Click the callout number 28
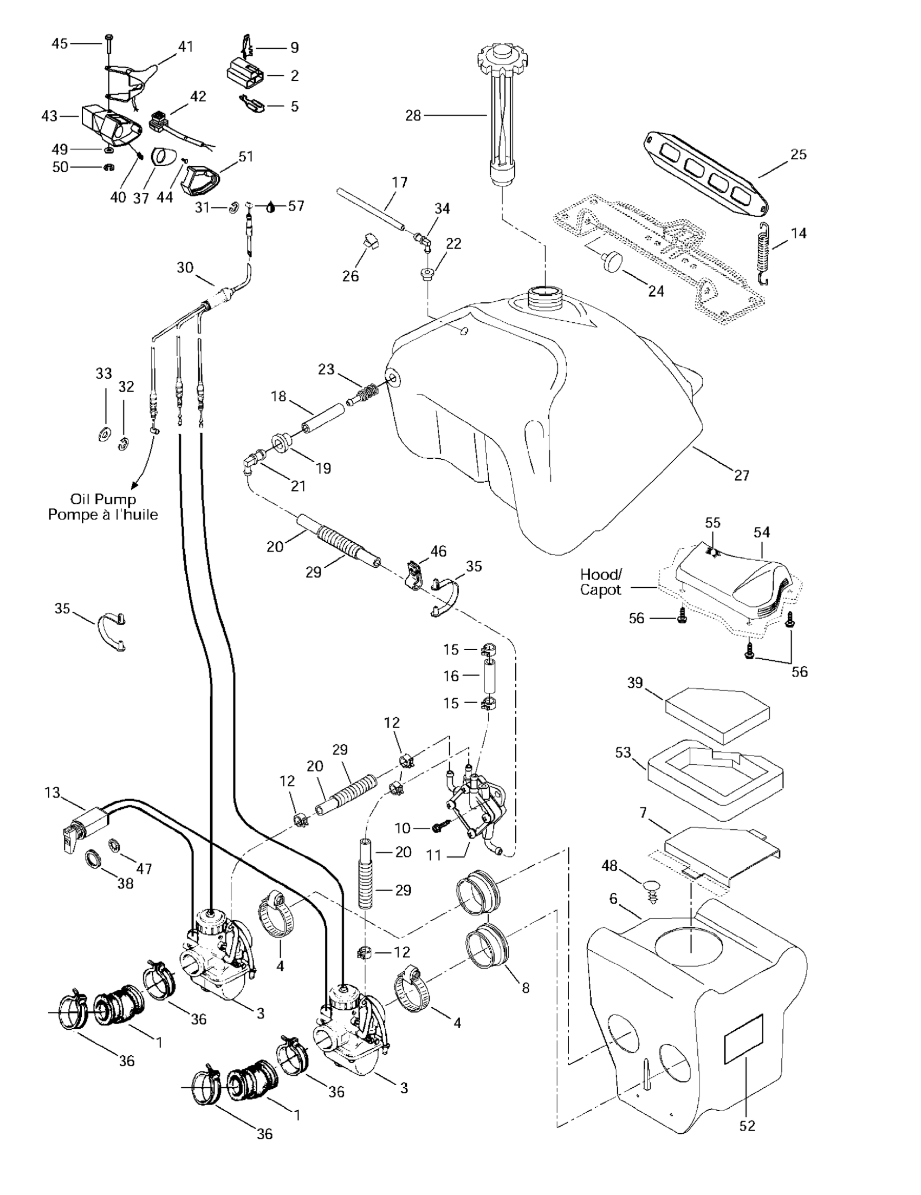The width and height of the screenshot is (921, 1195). [x=413, y=115]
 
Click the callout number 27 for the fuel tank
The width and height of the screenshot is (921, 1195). [x=742, y=476]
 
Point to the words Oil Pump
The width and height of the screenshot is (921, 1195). [x=103, y=499]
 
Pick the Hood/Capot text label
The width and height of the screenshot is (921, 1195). [x=601, y=582]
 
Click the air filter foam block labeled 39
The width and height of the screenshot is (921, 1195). [x=717, y=714]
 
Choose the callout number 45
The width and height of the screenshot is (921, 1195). [x=60, y=43]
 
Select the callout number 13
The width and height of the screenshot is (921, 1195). [x=53, y=793]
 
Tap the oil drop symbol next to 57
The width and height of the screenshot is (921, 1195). [x=272, y=207]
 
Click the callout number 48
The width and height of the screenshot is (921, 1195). [x=609, y=866]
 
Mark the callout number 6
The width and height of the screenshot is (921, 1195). [x=613, y=899]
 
